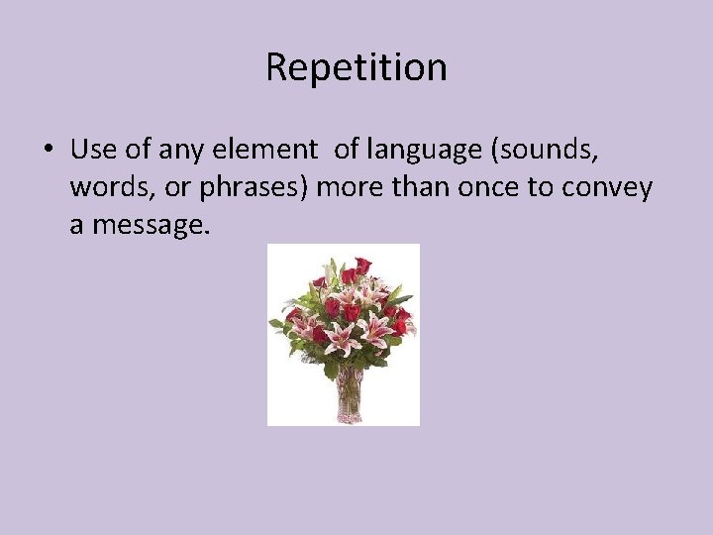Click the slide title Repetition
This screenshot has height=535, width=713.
[x=356, y=67]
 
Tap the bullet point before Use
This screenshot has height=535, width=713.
[x=48, y=152]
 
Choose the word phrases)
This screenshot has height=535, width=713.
[x=261, y=188]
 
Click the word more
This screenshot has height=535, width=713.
[x=354, y=188]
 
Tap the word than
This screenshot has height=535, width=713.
[x=424, y=188]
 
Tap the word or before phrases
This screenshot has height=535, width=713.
[x=176, y=188]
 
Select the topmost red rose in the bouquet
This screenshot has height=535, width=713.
[x=362, y=265]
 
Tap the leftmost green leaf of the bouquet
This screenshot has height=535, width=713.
[x=276, y=323]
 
